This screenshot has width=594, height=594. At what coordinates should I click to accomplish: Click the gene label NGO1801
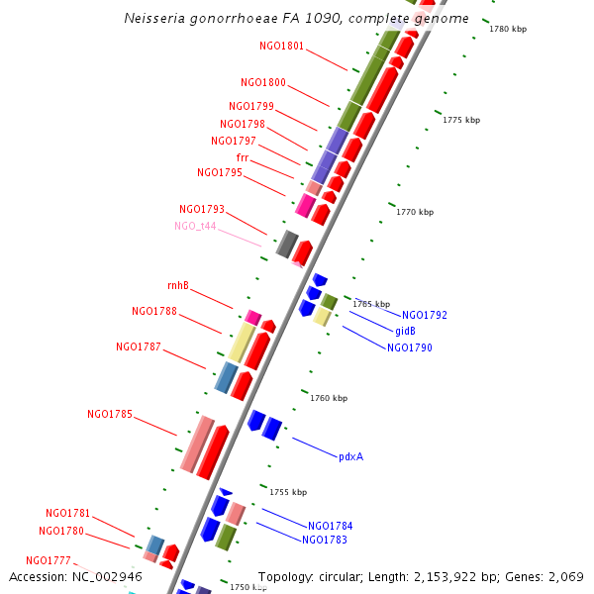281,46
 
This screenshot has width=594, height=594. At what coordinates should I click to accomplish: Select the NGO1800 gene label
262,82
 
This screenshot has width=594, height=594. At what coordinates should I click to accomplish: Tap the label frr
243,157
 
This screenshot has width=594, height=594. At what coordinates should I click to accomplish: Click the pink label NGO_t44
195,226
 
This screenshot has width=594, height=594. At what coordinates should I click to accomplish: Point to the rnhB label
177,285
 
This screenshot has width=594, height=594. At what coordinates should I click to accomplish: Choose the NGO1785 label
109,414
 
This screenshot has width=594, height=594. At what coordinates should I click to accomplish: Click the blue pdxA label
350,456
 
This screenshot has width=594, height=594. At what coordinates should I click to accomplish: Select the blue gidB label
405,331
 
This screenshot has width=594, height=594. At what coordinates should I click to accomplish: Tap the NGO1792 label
424,315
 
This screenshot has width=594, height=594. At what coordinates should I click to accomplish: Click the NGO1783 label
324,540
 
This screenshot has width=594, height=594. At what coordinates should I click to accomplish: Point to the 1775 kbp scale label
460,120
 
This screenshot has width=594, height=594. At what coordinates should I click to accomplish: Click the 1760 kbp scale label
329,398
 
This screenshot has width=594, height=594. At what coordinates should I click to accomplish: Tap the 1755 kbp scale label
288,492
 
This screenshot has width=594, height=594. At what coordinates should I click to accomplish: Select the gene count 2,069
565,576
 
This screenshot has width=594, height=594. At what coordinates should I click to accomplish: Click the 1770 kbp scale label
415,212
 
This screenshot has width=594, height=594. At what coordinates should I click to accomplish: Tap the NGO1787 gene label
138,346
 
